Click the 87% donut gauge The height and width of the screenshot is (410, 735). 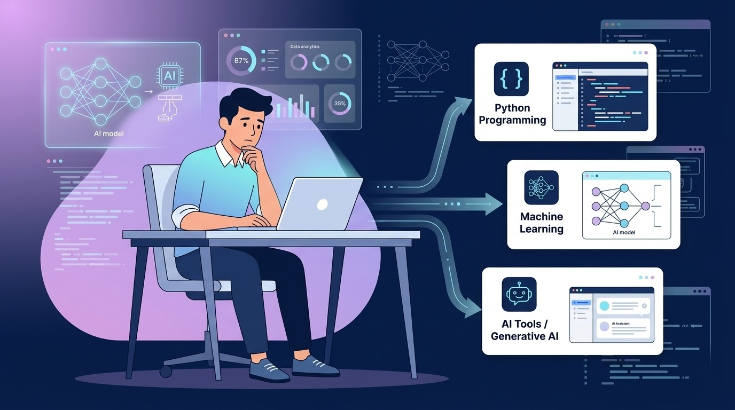[x=241, y=61]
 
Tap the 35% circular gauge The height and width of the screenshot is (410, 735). [x=340, y=103]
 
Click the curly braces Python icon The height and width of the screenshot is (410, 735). [x=511, y=79]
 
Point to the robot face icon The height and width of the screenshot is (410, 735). [x=519, y=294]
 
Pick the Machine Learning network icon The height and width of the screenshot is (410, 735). [x=541, y=187]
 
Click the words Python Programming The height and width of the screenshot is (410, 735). [x=512, y=114]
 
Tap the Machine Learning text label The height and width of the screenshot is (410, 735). [x=542, y=223]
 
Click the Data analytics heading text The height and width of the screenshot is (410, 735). [x=305, y=47]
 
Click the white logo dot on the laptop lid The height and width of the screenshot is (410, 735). [x=322, y=204]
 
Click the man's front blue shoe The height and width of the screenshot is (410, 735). [x=269, y=370]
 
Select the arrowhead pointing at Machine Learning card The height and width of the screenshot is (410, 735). [x=494, y=204]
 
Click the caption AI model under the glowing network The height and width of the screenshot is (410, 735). [x=108, y=133]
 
